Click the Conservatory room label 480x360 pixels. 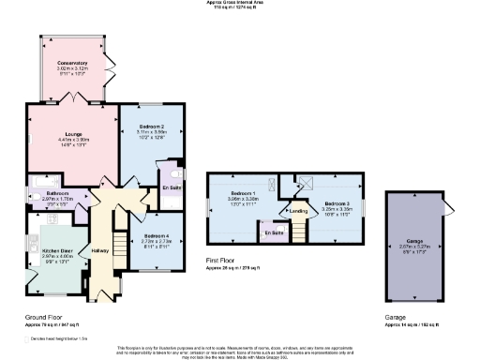[71, 64]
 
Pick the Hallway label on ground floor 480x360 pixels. [99, 250]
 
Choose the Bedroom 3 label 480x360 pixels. [337, 202]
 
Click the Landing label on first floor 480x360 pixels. [298, 211]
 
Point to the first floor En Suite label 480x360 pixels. [274, 232]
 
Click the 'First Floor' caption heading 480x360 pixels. [221, 260]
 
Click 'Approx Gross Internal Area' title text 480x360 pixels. [240, 3]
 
